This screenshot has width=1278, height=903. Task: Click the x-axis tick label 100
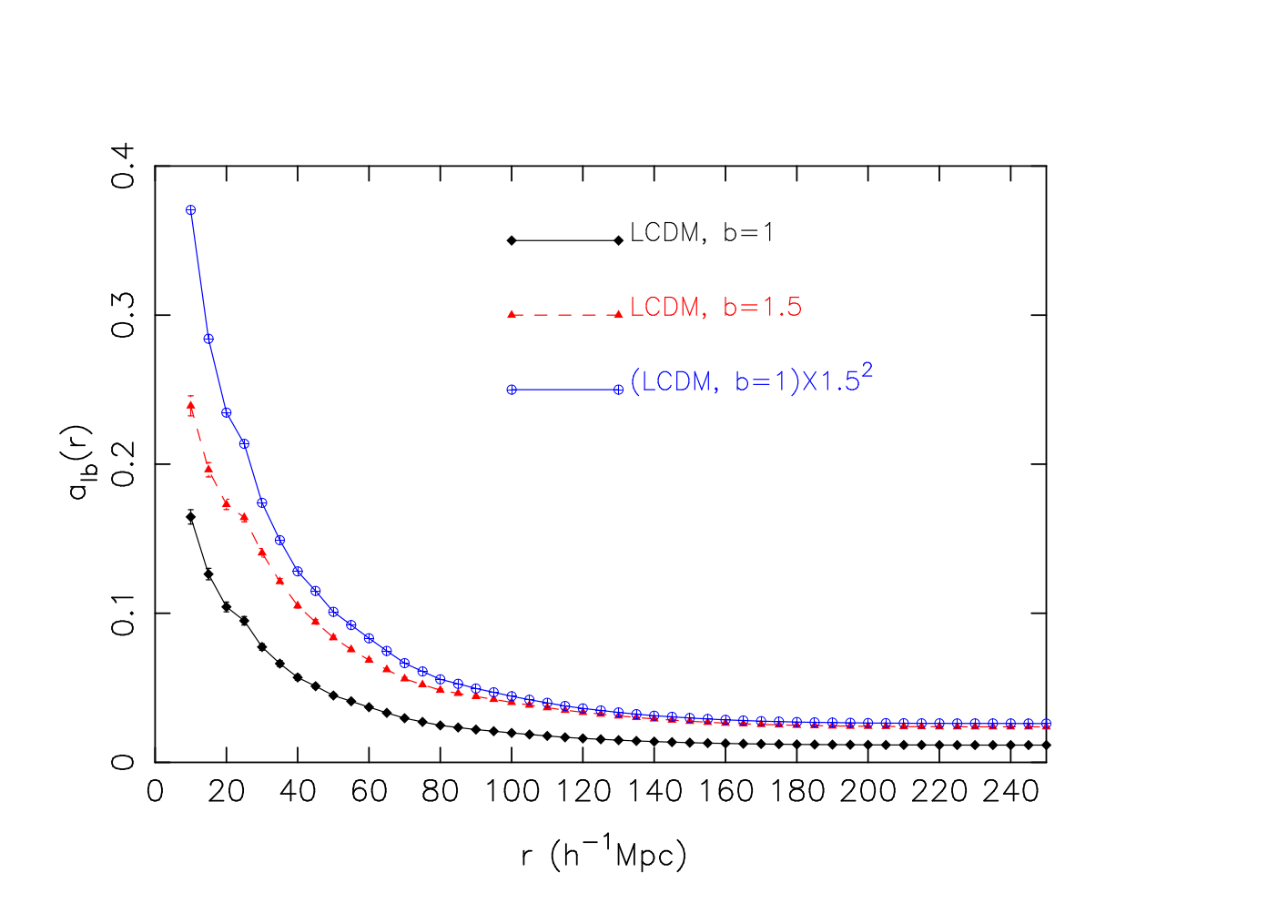coord(512,792)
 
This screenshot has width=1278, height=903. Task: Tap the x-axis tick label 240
coord(1010,792)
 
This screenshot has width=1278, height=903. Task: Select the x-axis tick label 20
coord(227,792)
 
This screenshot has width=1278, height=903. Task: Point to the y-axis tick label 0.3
coord(123,315)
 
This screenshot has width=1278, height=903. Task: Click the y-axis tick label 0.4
coord(123,166)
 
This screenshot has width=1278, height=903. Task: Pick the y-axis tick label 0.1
coord(123,614)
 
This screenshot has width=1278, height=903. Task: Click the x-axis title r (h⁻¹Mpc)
coord(603,854)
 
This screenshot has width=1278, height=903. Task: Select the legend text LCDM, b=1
coord(701,233)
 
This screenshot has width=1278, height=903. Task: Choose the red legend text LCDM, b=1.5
coord(716,307)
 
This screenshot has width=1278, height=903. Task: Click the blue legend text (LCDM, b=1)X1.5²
coord(751,379)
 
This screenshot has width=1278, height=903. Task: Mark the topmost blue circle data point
coord(191,210)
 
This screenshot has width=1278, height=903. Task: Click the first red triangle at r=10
coord(191,406)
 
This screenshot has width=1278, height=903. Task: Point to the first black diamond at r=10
coord(191,517)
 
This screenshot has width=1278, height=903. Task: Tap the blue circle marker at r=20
coord(227,412)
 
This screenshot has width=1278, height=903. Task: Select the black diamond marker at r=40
coord(298,677)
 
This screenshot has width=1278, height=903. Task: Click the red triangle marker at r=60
coord(370,659)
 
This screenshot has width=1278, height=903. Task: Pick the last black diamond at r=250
coord(1047,745)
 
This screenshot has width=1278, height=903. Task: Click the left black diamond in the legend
coord(512,240)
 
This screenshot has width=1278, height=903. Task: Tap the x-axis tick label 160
coord(725,792)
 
